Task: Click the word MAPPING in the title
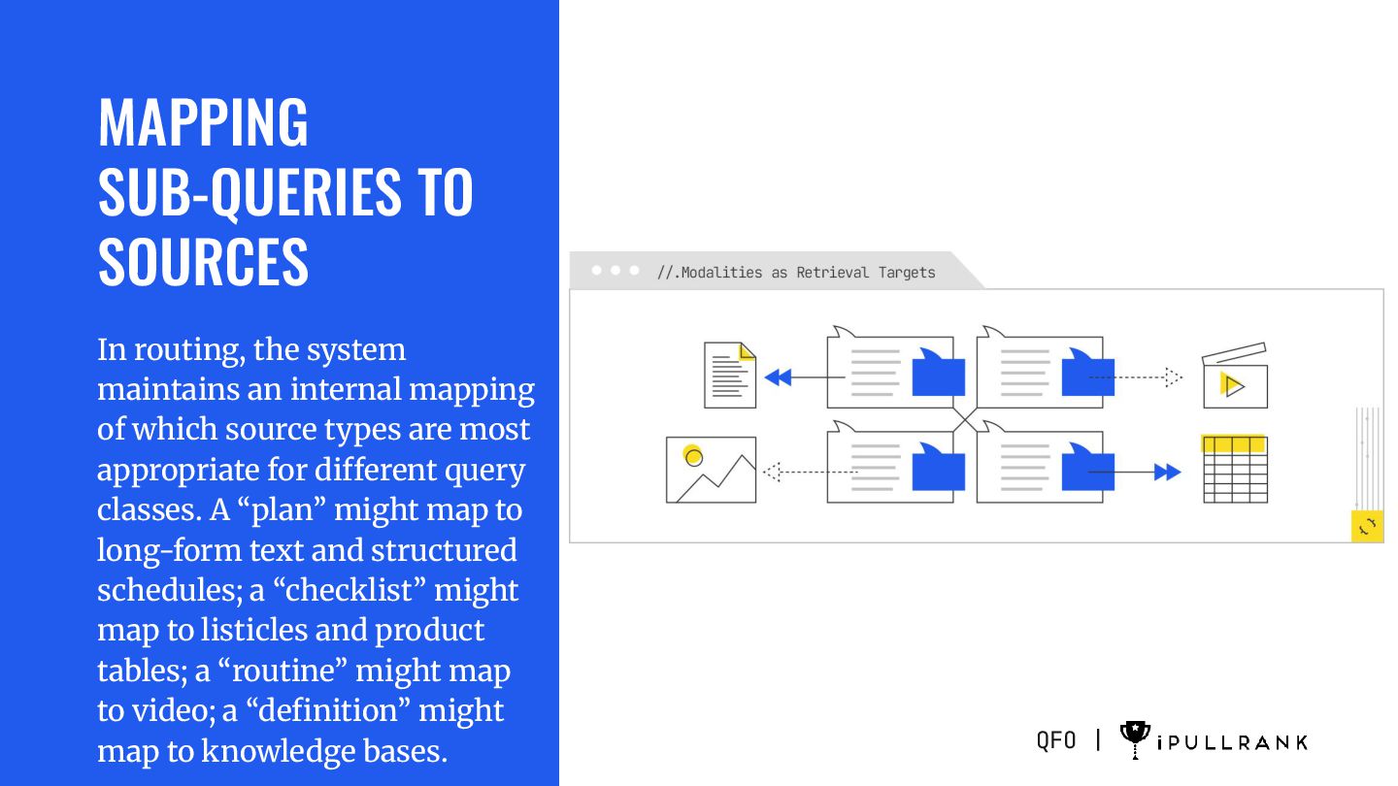coord(203,122)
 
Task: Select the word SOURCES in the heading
coord(203,261)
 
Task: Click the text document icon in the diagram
coord(729,376)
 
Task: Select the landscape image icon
coord(711,470)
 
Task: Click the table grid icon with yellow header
coord(1235,470)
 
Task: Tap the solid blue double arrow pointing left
coord(778,377)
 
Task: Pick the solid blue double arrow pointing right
coord(1167,472)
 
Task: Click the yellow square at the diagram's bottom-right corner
coord(1367,526)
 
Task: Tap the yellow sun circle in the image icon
coord(692,454)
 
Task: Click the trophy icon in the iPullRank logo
coord(1134,739)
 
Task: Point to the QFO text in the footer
coord(1056,740)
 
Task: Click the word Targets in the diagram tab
coord(907,273)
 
